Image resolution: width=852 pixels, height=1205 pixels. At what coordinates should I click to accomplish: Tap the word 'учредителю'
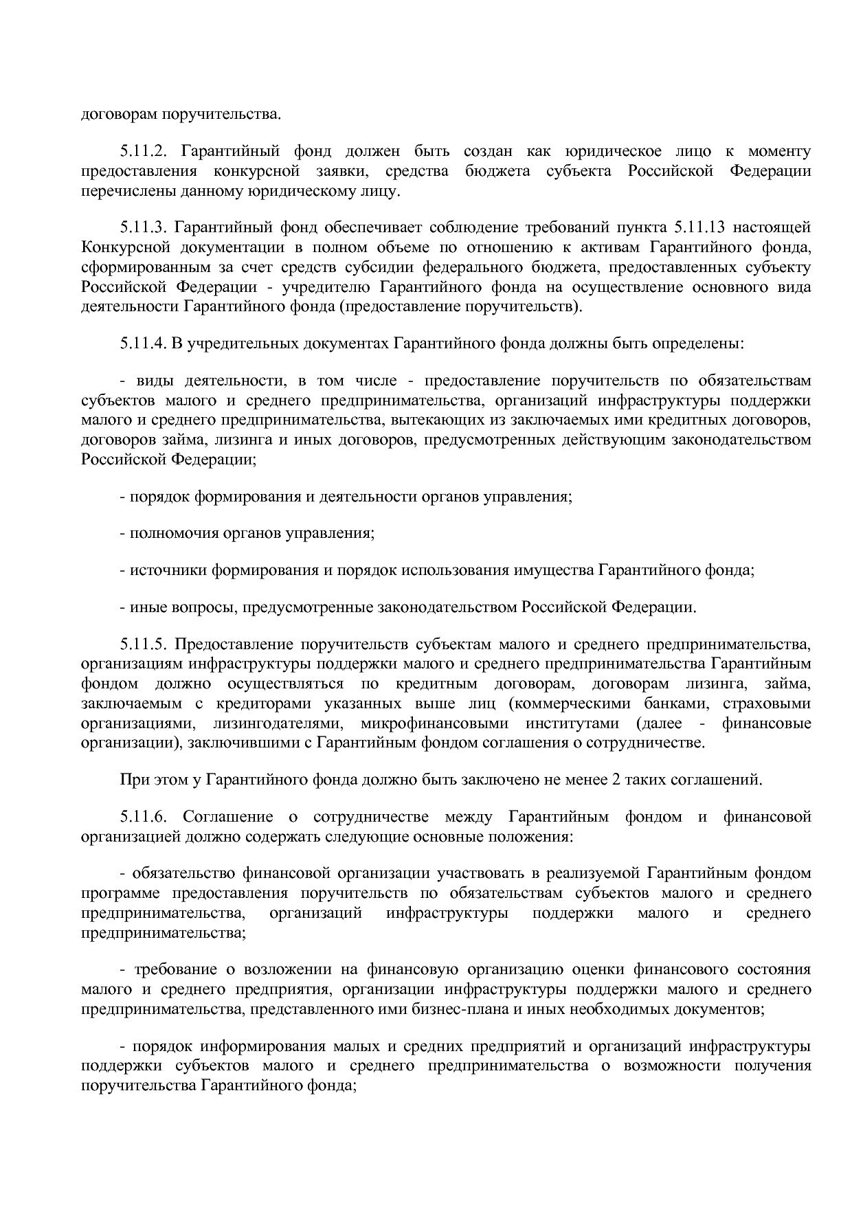323,286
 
